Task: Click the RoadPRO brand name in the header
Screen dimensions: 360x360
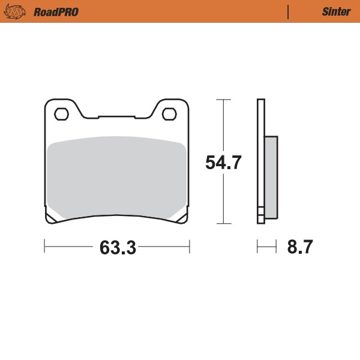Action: point(56,12)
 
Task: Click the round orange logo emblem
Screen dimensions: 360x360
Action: point(17,12)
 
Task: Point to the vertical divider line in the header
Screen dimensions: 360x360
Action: point(289,12)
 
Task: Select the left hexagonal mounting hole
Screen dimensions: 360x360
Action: point(61,113)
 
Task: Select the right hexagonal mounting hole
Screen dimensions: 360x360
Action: point(169,113)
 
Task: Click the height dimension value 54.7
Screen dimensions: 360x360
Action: point(223,163)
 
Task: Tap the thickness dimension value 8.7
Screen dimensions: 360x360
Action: point(300,247)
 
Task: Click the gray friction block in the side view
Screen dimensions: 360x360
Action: point(271,176)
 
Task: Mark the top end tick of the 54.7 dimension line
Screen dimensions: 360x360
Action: point(223,99)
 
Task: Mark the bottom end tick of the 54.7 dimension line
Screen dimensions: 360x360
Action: point(223,224)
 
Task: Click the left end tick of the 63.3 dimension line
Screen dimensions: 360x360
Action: point(45,246)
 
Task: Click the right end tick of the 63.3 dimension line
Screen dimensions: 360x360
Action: point(190,246)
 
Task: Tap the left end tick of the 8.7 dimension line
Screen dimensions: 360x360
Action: point(257,246)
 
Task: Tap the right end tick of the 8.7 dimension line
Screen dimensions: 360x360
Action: point(277,246)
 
